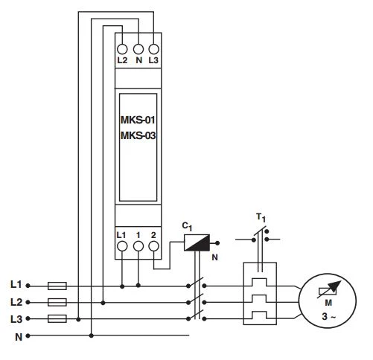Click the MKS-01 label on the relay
point(138,119)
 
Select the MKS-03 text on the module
point(138,135)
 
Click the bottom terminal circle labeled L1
point(122,245)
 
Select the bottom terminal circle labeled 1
point(138,245)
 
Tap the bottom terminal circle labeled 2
point(154,245)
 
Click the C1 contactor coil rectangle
point(197,242)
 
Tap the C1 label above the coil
point(188,224)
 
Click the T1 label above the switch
point(261,216)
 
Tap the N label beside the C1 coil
point(214,258)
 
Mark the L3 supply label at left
point(16,319)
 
